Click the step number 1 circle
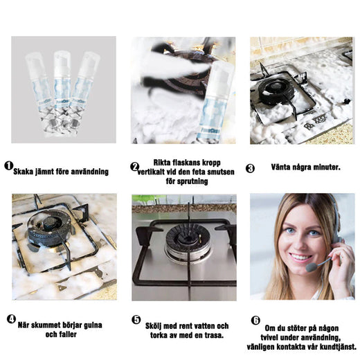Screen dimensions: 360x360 point(9,165)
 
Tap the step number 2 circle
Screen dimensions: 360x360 point(134,167)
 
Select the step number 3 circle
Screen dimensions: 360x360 point(250,168)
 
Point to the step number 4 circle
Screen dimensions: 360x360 point(11,319)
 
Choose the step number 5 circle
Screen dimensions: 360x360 point(136,320)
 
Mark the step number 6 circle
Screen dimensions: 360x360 point(255,321)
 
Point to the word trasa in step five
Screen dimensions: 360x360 point(214,335)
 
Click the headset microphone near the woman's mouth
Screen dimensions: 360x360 point(312,267)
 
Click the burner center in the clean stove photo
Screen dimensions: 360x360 point(187,238)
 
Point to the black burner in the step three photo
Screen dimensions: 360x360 point(276,91)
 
